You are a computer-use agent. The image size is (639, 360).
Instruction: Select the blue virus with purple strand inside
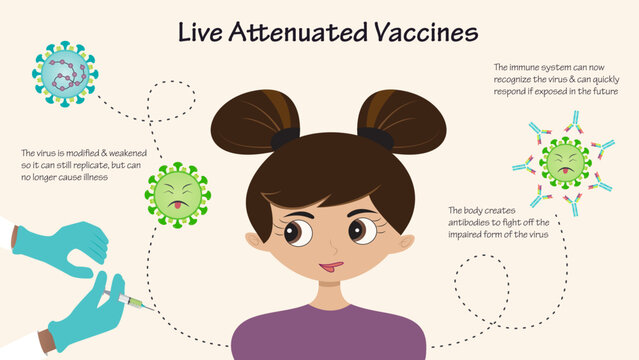(64, 74)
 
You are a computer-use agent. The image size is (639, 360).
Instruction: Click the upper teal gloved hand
(66, 245)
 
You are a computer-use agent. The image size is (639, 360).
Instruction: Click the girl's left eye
(295, 232)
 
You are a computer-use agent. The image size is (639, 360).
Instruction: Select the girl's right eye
(362, 230)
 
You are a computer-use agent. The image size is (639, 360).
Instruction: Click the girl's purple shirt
(329, 335)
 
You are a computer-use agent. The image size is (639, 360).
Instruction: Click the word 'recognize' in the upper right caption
(517, 79)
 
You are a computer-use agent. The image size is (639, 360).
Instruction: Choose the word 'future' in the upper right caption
(603, 91)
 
